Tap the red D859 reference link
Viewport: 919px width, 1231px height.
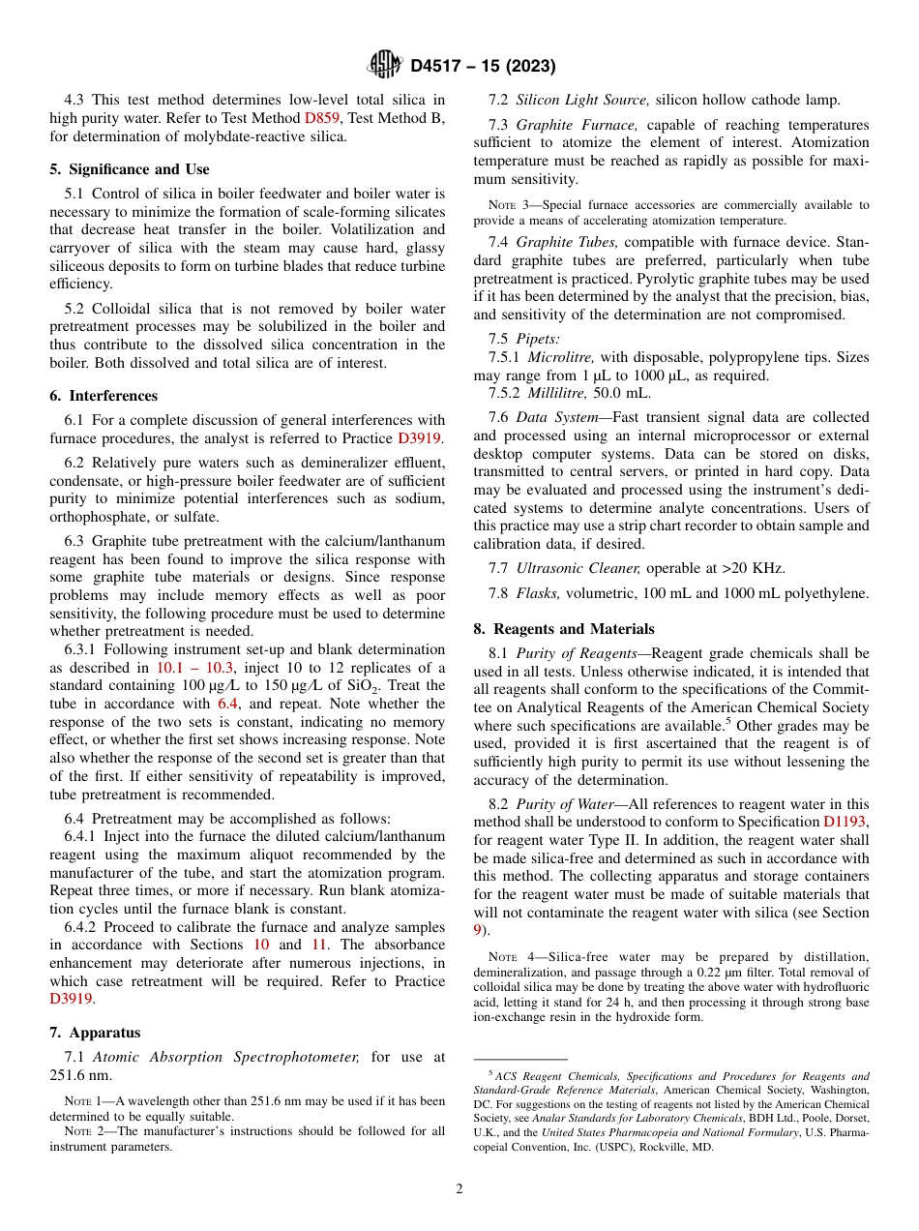tap(322, 118)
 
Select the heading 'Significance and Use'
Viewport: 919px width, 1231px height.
tap(130, 169)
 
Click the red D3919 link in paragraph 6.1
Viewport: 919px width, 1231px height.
tap(421, 438)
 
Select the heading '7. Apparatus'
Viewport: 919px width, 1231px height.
tap(95, 1033)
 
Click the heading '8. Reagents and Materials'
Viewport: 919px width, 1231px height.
tap(564, 629)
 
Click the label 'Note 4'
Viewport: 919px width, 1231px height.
tap(508, 957)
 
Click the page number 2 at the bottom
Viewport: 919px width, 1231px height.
tap(459, 1189)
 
